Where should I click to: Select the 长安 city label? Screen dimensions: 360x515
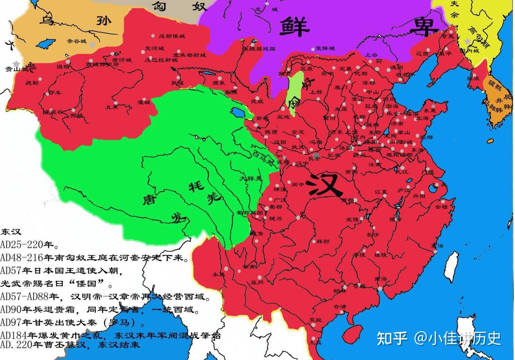coord(314,159)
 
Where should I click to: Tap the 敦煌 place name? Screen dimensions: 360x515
coord(178,83)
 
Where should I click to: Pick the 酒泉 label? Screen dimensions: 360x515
coord(219,83)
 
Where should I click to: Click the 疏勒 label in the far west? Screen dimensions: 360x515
coord(32,83)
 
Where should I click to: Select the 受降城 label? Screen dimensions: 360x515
coord(325,49)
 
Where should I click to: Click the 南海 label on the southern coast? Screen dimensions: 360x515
coord(381,279)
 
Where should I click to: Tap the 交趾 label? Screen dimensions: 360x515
coord(316,320)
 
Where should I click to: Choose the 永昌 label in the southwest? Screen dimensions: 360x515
coord(219,274)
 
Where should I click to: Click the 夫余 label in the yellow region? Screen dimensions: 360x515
coord(454,9)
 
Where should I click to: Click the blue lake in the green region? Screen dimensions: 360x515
coord(238,112)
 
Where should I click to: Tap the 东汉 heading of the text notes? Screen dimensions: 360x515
coord(11,231)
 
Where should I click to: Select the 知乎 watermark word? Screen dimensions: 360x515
coord(392,338)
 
